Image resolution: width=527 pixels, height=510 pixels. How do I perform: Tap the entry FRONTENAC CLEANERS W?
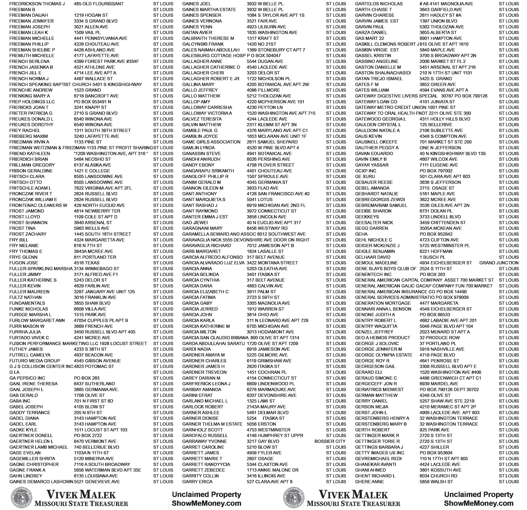[x=38, y=205]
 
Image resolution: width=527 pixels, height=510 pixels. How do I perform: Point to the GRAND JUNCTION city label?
[x=499, y=263]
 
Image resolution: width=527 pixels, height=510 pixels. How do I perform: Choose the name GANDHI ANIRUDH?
[x=201, y=159]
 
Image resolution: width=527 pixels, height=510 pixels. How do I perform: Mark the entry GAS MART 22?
[x=369, y=38]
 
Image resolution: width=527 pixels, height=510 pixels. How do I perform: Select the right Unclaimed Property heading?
[x=479, y=494]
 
